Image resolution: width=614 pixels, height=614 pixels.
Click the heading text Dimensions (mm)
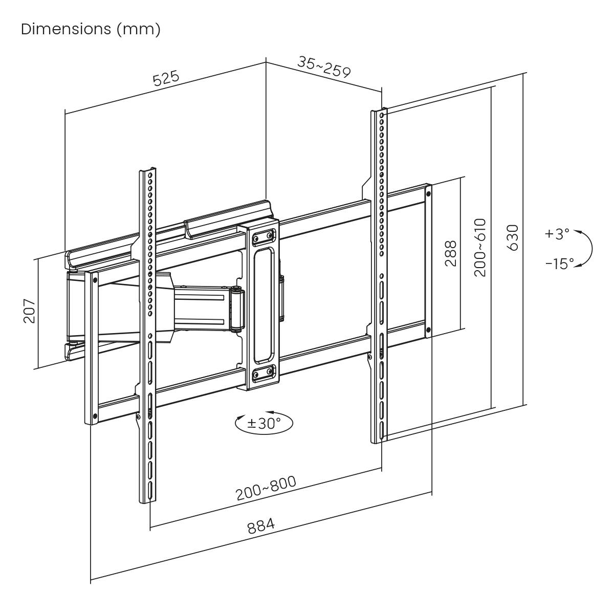[91, 29]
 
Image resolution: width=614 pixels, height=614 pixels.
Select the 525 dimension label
[166, 79]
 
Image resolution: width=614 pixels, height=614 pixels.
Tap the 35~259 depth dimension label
[324, 67]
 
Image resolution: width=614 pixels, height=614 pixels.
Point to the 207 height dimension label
[29, 310]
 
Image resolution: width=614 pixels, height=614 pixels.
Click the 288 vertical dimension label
[450, 253]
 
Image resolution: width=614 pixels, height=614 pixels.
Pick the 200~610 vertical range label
[479, 248]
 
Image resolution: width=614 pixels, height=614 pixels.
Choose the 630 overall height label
[513, 237]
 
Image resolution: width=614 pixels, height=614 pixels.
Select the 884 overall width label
[261, 526]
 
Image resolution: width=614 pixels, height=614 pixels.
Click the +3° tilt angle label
[557, 234]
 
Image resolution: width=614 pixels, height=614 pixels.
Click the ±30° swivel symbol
[264, 423]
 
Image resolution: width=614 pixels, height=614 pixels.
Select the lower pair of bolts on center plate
[262, 373]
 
